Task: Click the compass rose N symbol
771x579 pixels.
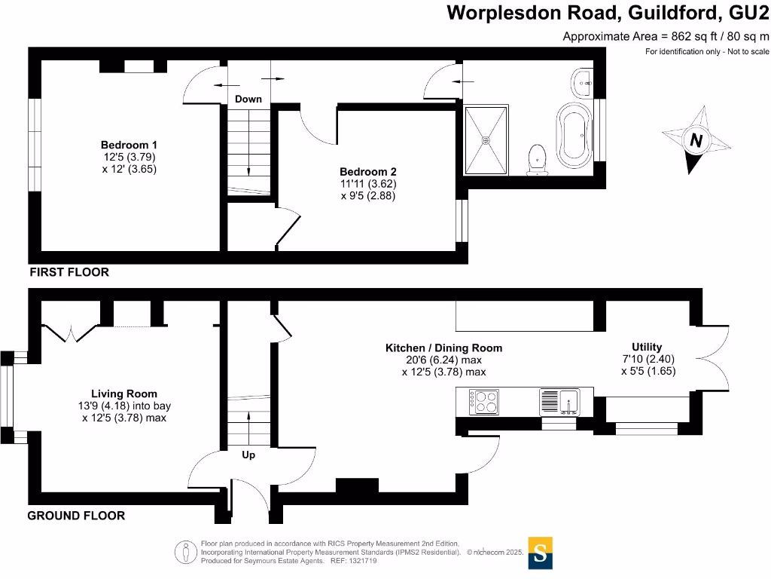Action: [696, 140]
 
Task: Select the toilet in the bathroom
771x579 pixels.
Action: [538, 159]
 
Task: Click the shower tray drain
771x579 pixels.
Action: [486, 139]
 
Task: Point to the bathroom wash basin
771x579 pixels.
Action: [582, 82]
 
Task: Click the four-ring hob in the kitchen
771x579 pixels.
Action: [483, 401]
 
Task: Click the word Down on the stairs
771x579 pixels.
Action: [248, 100]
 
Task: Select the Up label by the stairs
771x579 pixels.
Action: [248, 455]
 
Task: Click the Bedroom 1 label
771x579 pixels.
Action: [129, 145]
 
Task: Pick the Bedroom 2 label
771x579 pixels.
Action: [367, 171]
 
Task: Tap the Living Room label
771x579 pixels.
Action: [124, 394]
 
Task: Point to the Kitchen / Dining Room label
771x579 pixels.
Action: [443, 348]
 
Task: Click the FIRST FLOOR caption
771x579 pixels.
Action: [69, 272]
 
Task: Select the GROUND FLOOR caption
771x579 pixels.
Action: [76, 516]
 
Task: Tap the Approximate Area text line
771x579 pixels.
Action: [666, 36]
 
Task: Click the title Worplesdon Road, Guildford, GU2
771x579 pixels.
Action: [608, 12]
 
